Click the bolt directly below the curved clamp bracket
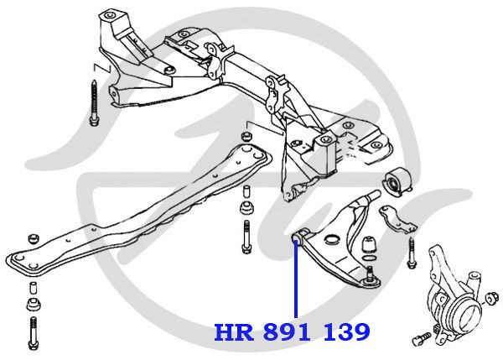[x=412, y=253]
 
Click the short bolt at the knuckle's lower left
[x=421, y=337]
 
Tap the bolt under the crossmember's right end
[x=248, y=237]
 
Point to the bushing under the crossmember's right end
[x=248, y=206]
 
